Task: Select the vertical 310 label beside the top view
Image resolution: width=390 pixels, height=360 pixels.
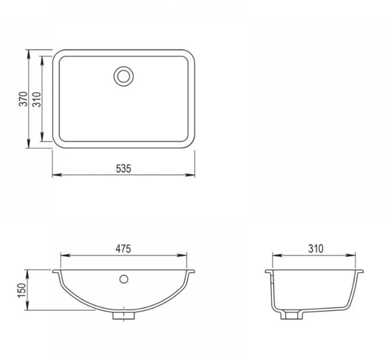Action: pyautogui.click(x=36, y=99)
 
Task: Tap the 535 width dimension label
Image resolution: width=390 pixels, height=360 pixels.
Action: pyautogui.click(x=124, y=168)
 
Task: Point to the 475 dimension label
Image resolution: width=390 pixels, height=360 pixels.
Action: pyautogui.click(x=123, y=248)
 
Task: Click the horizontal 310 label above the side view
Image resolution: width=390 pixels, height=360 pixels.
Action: pyautogui.click(x=315, y=248)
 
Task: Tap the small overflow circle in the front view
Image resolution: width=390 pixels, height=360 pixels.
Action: pyautogui.click(x=124, y=279)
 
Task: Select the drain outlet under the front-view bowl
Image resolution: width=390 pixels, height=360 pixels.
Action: pyautogui.click(x=124, y=315)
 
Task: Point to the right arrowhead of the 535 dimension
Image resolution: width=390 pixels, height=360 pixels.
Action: pyautogui.click(x=191, y=175)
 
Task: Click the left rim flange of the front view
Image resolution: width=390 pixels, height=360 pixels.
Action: pyautogui.click(x=56, y=272)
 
